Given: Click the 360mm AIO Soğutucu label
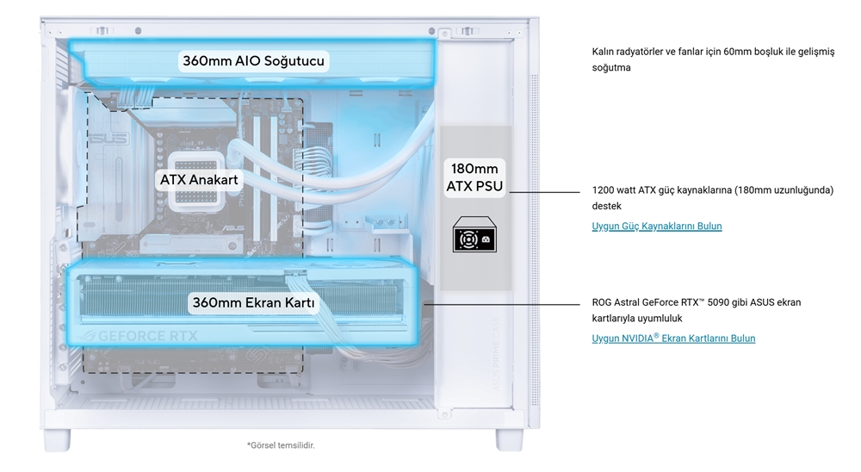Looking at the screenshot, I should click(252, 61).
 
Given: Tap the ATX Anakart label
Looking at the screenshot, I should click(198, 180).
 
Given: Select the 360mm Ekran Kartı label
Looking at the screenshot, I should click(254, 303).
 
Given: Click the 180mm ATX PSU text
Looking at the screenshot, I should click(474, 177).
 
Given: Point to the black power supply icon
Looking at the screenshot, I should click(474, 235).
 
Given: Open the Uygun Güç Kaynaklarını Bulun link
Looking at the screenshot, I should click(657, 227).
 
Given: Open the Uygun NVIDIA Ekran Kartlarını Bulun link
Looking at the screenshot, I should click(673, 338).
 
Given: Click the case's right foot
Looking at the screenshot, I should click(509, 438).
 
